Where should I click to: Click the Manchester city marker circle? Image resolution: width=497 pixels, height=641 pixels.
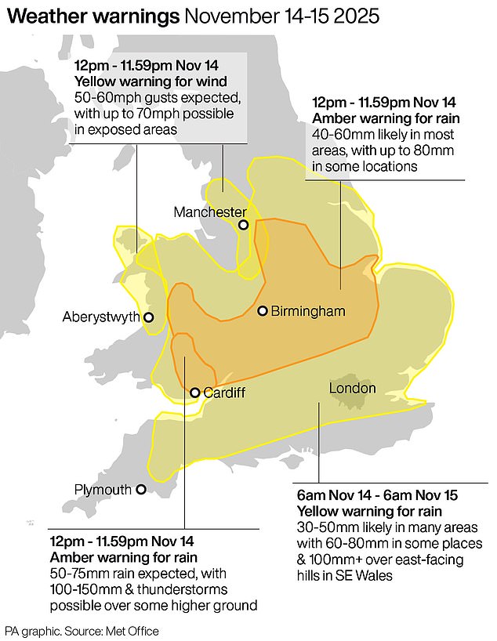coord(244,225)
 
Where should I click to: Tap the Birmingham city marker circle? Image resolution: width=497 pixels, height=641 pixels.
coord(263,310)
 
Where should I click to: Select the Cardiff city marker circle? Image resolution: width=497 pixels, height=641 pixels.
coord(194,393)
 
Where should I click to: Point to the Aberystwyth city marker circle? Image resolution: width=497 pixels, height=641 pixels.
coord(148,317)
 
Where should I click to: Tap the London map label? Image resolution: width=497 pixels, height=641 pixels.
coord(352,388)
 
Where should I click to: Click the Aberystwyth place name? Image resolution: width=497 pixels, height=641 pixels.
coord(100,317)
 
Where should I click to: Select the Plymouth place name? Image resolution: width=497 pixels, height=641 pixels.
coord(103,489)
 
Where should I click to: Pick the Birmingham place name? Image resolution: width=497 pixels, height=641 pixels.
coord(308,311)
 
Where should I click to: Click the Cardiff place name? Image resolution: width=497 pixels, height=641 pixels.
coord(223,393)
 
